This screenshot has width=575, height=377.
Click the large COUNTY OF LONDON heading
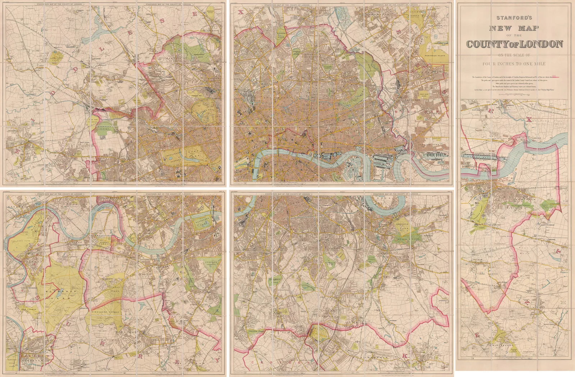pos(514,44)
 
